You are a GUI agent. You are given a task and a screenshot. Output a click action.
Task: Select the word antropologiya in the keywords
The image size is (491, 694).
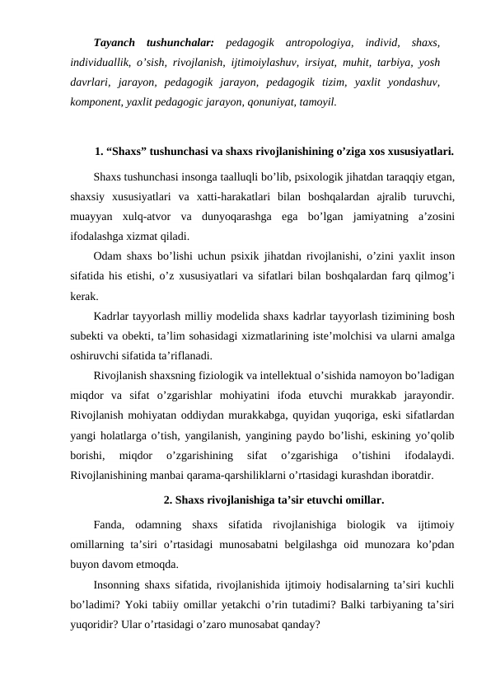pyautogui.click(x=316, y=41)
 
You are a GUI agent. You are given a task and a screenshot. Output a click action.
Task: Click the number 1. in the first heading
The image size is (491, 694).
pyautogui.click(x=100, y=152)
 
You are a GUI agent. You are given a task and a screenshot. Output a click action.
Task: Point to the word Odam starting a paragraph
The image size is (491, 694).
pyautogui.click(x=108, y=255)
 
